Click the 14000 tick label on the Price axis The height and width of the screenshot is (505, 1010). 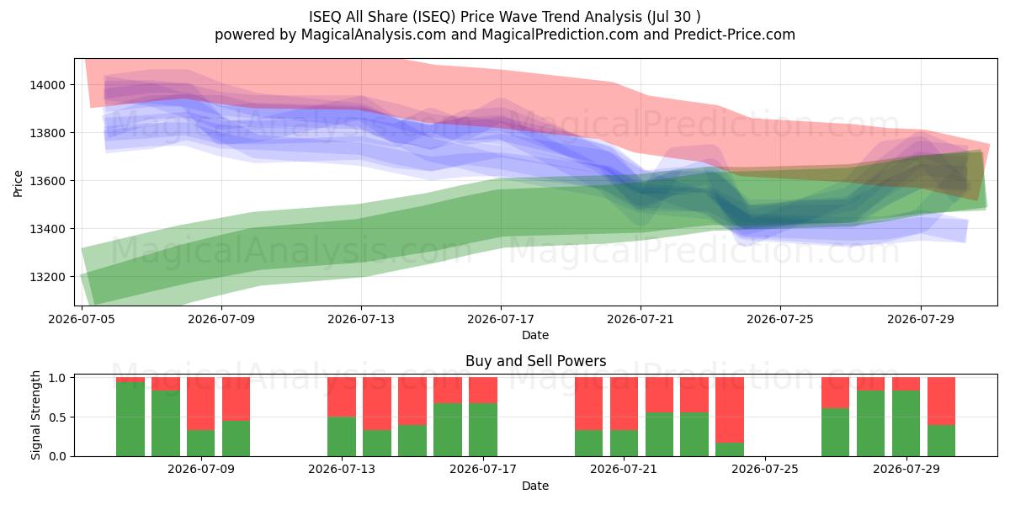coord(47,85)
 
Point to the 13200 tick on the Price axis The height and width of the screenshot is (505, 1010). coord(47,277)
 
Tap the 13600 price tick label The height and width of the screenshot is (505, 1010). coord(47,181)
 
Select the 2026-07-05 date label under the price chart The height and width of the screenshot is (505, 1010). coord(82,319)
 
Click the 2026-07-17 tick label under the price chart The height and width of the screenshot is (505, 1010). coord(501,319)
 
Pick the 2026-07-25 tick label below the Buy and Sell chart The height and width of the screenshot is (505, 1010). coord(765,469)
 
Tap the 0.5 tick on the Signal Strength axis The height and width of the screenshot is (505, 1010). coord(58,417)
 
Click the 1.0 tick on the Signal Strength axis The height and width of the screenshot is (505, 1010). coord(58,377)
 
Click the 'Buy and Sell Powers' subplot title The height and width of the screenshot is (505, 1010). coord(535,361)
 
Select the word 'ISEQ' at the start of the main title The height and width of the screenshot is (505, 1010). coord(325,17)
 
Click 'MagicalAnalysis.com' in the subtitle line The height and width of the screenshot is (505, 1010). coord(374,35)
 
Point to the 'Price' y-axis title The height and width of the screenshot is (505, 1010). coord(18,183)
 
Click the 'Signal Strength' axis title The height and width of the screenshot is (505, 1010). coord(35,415)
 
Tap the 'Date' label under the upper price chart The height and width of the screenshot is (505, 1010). coord(535,335)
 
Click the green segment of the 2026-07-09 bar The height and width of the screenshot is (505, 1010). coord(200,444)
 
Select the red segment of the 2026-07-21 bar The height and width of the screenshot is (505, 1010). coord(624,403)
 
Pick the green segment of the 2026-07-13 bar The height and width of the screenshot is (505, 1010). coord(342,437)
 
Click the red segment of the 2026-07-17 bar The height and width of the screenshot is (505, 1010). coord(483,391)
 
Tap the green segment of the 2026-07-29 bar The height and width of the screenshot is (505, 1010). coord(906,423)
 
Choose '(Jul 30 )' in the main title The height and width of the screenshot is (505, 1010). coord(673,17)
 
